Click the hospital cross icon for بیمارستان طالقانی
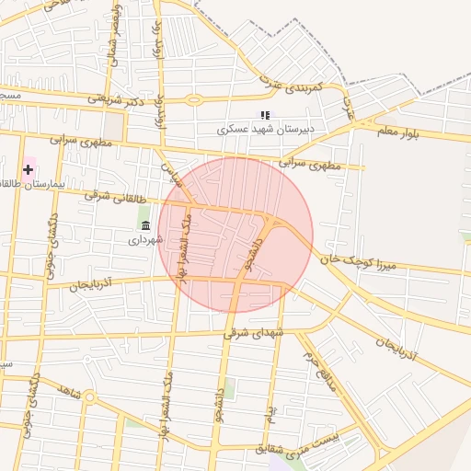coord(29,169)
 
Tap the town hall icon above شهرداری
coord(145,225)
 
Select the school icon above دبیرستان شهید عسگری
coord(265,116)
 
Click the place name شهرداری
coord(145,239)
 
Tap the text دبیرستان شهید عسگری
coord(266,130)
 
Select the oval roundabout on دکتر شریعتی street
coord(193,99)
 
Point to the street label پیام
coord(270,416)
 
